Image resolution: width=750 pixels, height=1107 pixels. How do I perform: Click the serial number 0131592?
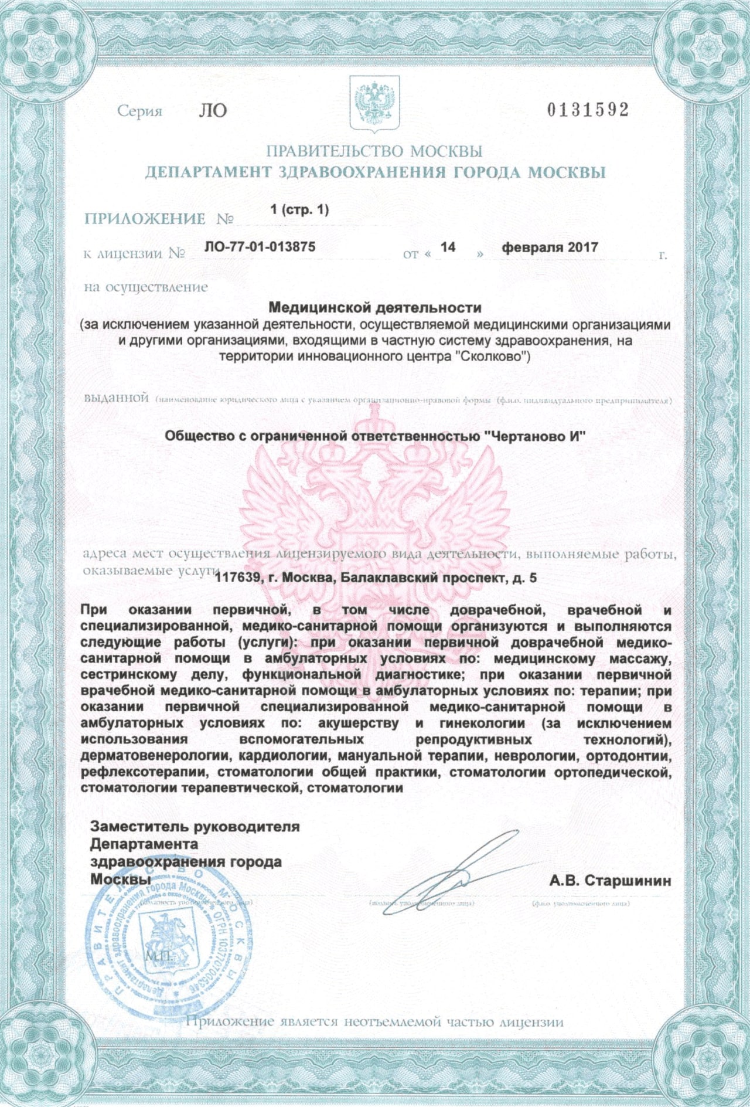pos(588,110)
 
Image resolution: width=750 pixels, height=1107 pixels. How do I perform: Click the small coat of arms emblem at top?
pos(374,103)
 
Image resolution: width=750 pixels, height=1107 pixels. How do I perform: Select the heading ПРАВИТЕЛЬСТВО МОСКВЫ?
pos(374,151)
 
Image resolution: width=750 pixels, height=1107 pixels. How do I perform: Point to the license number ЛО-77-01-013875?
pos(260,247)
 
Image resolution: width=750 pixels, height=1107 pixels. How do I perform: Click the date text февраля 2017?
pos(550,247)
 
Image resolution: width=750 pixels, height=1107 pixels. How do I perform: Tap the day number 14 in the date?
pos(448,247)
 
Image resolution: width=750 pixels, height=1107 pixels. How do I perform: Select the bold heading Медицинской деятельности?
pos(374,307)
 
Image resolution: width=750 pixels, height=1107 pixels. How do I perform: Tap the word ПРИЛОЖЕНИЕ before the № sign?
pos(145,219)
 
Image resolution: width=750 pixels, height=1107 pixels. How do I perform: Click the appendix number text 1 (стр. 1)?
pos(299,209)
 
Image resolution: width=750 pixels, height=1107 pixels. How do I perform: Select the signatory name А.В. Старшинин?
pos(610,881)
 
